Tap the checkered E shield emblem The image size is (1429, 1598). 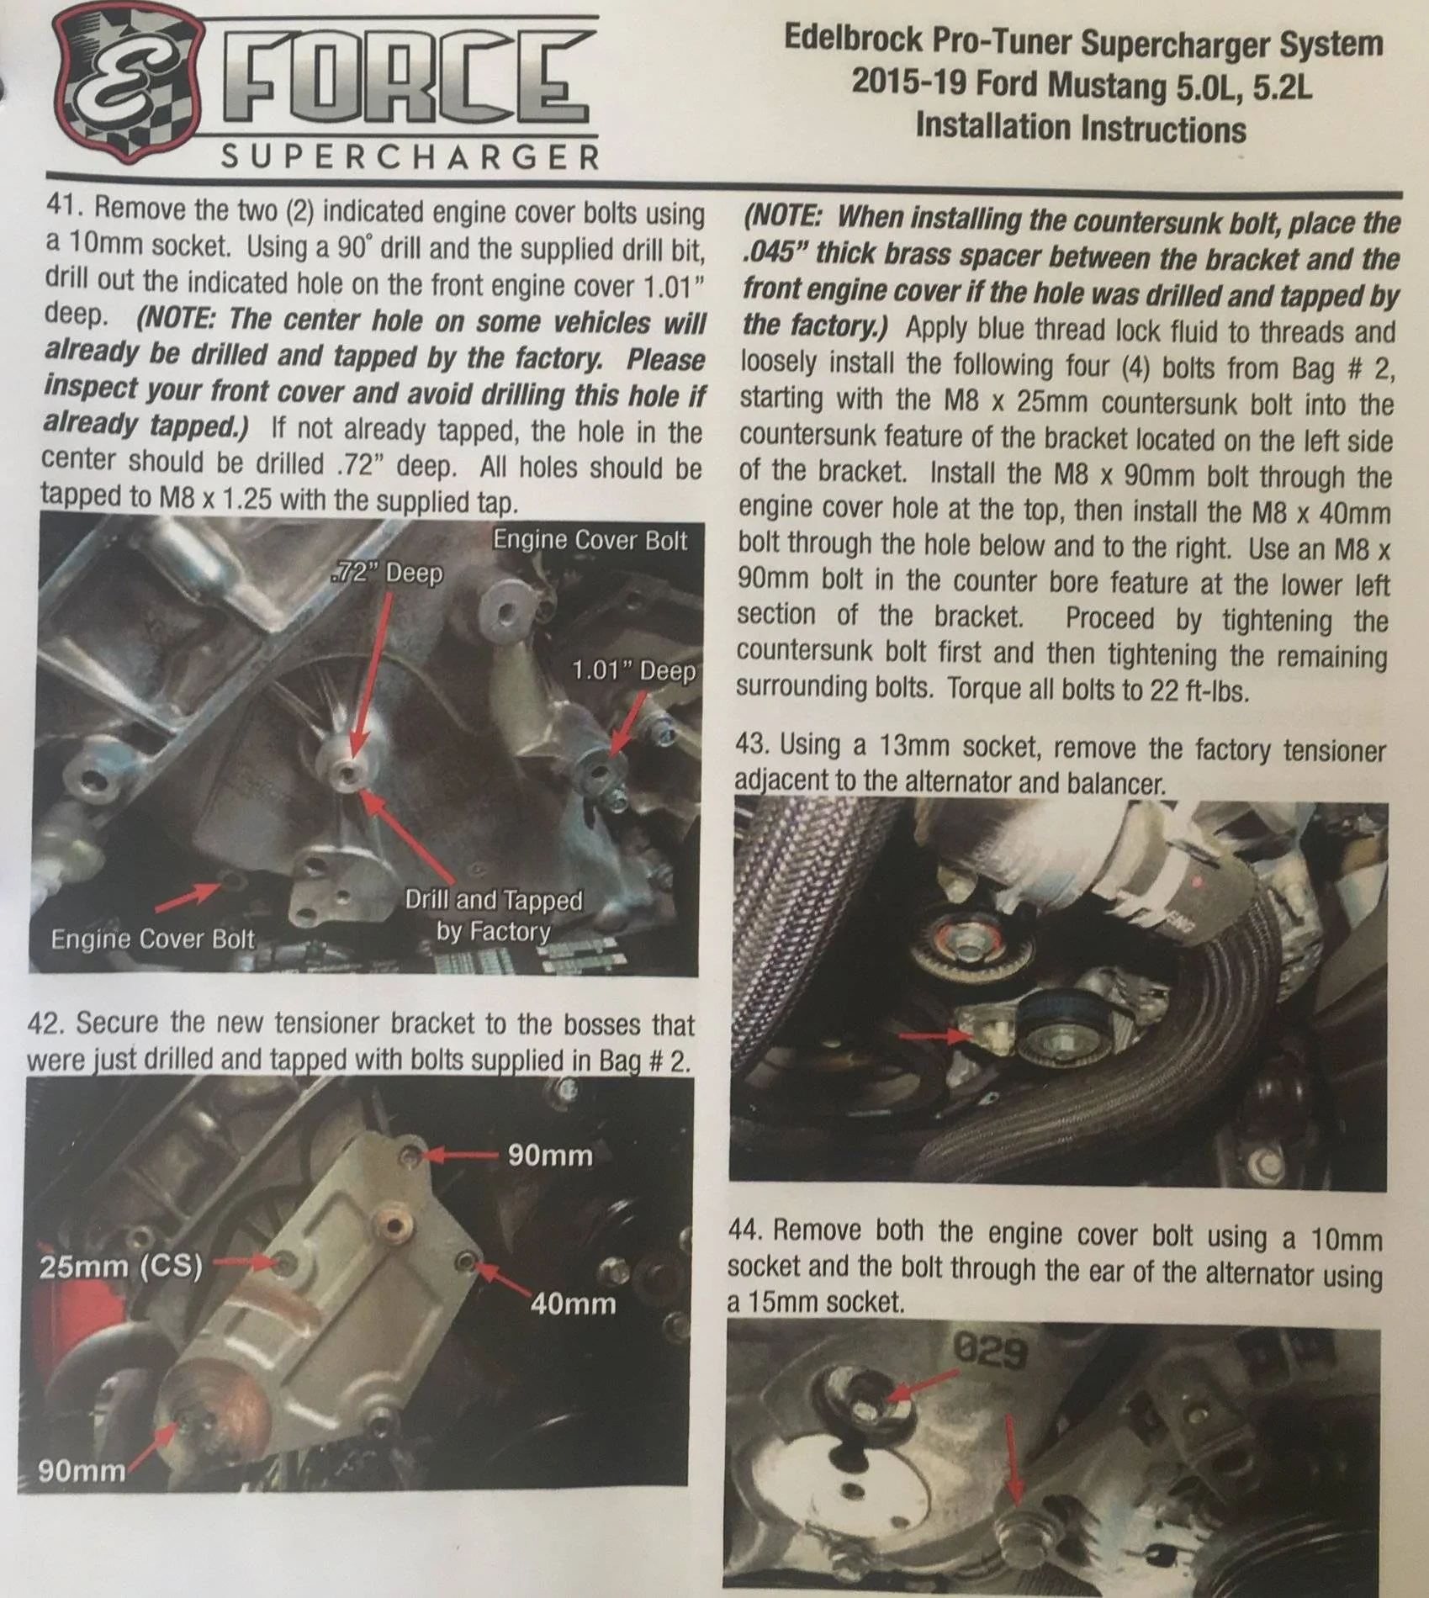pos(126,89)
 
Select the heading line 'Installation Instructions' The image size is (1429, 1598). pos(1081,127)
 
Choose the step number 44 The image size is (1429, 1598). pos(746,1230)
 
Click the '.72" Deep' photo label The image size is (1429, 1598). pos(386,574)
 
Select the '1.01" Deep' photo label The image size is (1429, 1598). pos(634,671)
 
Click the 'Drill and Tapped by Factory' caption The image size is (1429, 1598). pos(494,915)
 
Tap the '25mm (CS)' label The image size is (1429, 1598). pos(120,1267)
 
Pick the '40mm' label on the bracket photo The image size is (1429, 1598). pos(573,1304)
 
